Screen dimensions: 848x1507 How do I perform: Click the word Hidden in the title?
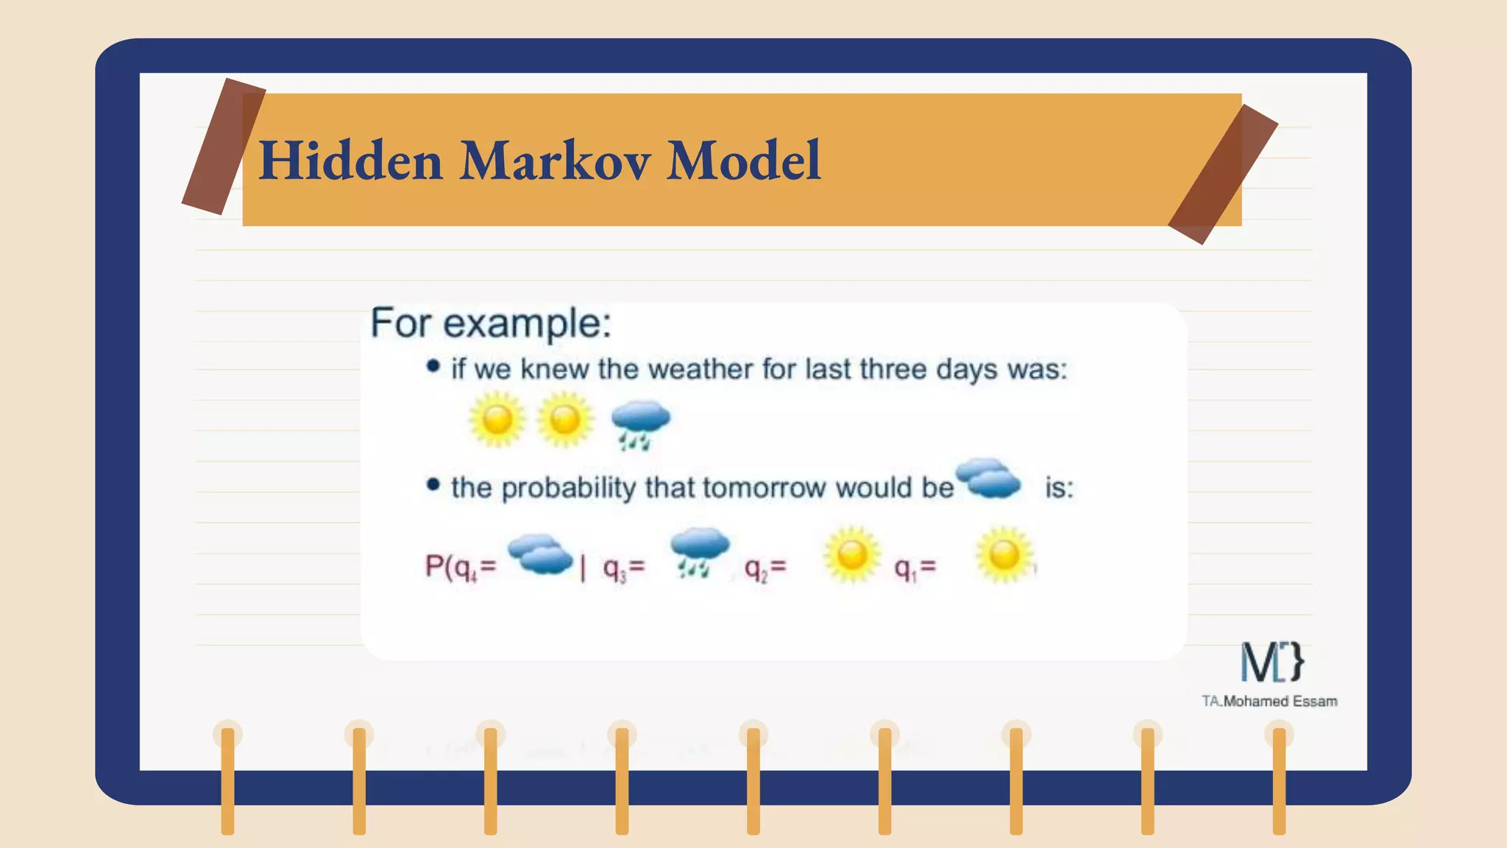click(x=351, y=160)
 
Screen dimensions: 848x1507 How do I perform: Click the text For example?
click(x=491, y=322)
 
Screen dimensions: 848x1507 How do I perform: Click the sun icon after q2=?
click(x=852, y=554)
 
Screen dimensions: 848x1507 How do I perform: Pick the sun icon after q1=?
click(x=1004, y=554)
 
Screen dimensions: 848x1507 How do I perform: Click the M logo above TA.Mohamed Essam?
click(x=1272, y=661)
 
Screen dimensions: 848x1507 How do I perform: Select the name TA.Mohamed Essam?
click(x=1269, y=702)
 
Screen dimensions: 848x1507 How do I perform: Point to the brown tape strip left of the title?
click(x=224, y=146)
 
